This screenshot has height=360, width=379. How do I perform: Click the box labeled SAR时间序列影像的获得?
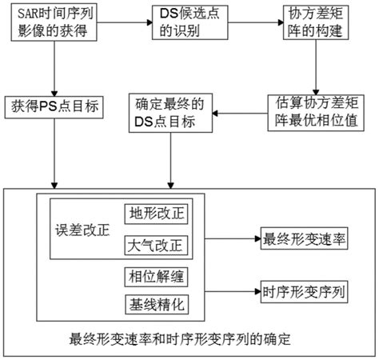pos(54,22)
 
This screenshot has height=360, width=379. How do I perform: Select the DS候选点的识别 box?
pos(190,22)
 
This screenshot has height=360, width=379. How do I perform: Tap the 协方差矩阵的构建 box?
pos(316,22)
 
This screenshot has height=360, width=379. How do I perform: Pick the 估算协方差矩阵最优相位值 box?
pos(316,113)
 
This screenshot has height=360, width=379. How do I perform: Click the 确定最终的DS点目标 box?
pos(170,113)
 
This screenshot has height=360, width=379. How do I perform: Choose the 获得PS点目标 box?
pos(54,107)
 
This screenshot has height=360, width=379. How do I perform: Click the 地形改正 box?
pos(156,214)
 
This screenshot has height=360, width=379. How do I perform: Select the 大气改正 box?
pos(156,246)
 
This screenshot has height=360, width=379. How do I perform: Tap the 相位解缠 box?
pos(156,277)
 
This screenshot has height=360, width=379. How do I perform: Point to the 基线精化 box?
pos(157,305)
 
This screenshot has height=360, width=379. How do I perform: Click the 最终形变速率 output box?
pos(304,238)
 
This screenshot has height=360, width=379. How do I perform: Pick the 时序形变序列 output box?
pos(304,292)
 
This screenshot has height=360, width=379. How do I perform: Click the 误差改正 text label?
pos(82,230)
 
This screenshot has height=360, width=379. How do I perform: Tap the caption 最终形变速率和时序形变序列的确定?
pos(180,339)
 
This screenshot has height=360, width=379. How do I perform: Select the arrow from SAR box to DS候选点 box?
pos(125,22)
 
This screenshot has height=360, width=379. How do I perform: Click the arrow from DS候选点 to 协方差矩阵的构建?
pos(256,22)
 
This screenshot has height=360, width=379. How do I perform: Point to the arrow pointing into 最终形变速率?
pos(233,238)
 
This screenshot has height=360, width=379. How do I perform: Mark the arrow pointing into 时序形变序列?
pos(233,291)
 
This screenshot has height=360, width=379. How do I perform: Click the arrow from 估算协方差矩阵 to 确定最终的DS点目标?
pos(240,114)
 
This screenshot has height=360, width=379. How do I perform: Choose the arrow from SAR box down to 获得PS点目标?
pos(54,69)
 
